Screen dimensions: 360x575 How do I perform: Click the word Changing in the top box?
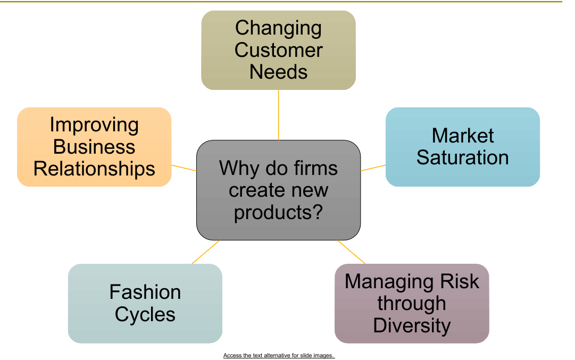[x=278, y=28]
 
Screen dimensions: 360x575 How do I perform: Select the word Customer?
[x=278, y=50]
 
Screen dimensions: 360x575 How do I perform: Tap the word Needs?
[x=278, y=72]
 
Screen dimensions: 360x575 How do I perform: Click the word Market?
[x=462, y=136]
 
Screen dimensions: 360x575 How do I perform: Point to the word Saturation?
[x=462, y=157]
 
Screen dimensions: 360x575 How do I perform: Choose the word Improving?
[x=94, y=125]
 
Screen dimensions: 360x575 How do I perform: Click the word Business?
[x=94, y=147]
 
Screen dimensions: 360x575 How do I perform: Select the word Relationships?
[x=94, y=169]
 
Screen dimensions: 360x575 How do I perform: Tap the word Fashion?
[x=145, y=292]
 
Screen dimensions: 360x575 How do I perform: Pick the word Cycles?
[x=145, y=314]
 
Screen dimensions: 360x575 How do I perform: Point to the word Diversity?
[x=412, y=325]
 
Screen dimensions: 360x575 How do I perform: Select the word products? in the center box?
[x=278, y=212]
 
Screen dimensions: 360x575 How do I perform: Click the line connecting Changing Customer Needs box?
[x=278, y=114]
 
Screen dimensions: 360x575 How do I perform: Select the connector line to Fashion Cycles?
[x=206, y=252]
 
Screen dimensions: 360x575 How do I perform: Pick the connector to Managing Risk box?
[x=352, y=252]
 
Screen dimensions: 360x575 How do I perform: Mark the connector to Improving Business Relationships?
[x=184, y=168]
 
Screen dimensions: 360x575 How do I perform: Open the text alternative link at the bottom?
[x=279, y=355]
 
